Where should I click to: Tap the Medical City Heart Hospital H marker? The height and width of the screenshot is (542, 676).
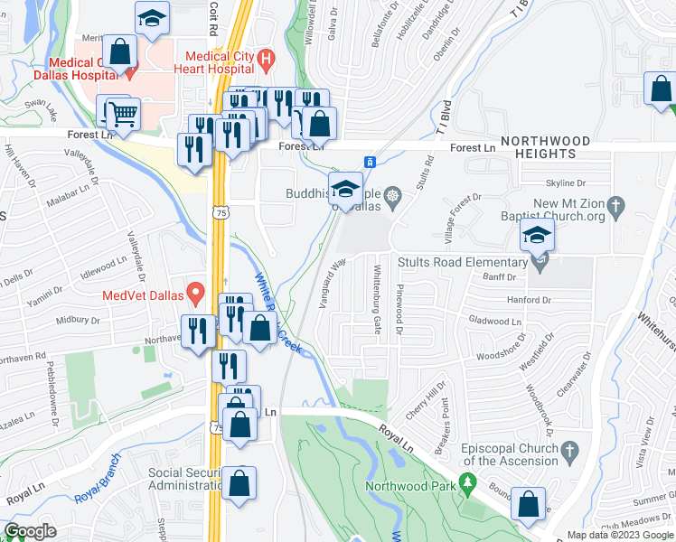click(x=266, y=61)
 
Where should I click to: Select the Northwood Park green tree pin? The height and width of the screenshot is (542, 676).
click(x=467, y=484)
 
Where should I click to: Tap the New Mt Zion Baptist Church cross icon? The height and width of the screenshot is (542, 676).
click(x=616, y=205)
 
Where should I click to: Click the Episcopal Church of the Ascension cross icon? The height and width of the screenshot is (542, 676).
click(x=569, y=449)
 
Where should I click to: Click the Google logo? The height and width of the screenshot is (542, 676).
click(x=31, y=531)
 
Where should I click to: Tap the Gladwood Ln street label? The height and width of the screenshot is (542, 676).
click(x=496, y=321)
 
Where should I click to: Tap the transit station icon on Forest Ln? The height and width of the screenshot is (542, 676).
click(x=370, y=161)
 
